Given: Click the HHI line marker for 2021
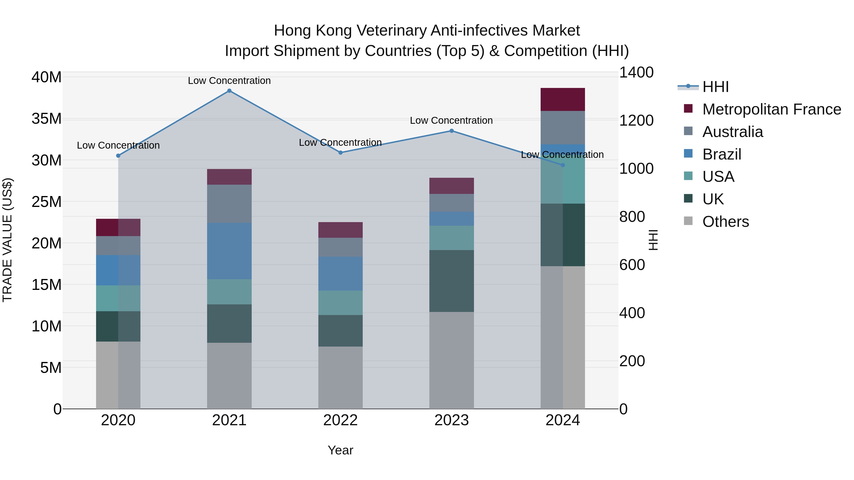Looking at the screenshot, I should (x=229, y=91).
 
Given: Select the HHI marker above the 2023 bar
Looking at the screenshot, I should (x=451, y=131).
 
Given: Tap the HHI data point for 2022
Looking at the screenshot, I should (x=340, y=153).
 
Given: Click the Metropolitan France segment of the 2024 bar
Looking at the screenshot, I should (x=563, y=99).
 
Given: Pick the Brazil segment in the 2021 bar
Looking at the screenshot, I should (x=229, y=251).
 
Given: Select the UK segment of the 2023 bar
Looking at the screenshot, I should (x=451, y=281).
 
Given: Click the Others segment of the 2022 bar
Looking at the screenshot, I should (x=340, y=378).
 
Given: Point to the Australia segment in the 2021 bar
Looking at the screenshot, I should (x=229, y=204).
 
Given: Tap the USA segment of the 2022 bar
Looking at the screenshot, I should (x=340, y=303).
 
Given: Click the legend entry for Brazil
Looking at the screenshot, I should (x=721, y=154).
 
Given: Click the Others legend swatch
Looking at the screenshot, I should (x=688, y=221).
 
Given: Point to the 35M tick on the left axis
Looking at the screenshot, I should (x=46, y=119).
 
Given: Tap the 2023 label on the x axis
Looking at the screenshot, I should (x=451, y=420).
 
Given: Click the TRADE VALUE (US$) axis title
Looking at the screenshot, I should (x=7, y=240).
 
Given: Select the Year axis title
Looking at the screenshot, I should (x=340, y=450).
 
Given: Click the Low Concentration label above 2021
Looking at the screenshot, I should (x=229, y=81).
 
